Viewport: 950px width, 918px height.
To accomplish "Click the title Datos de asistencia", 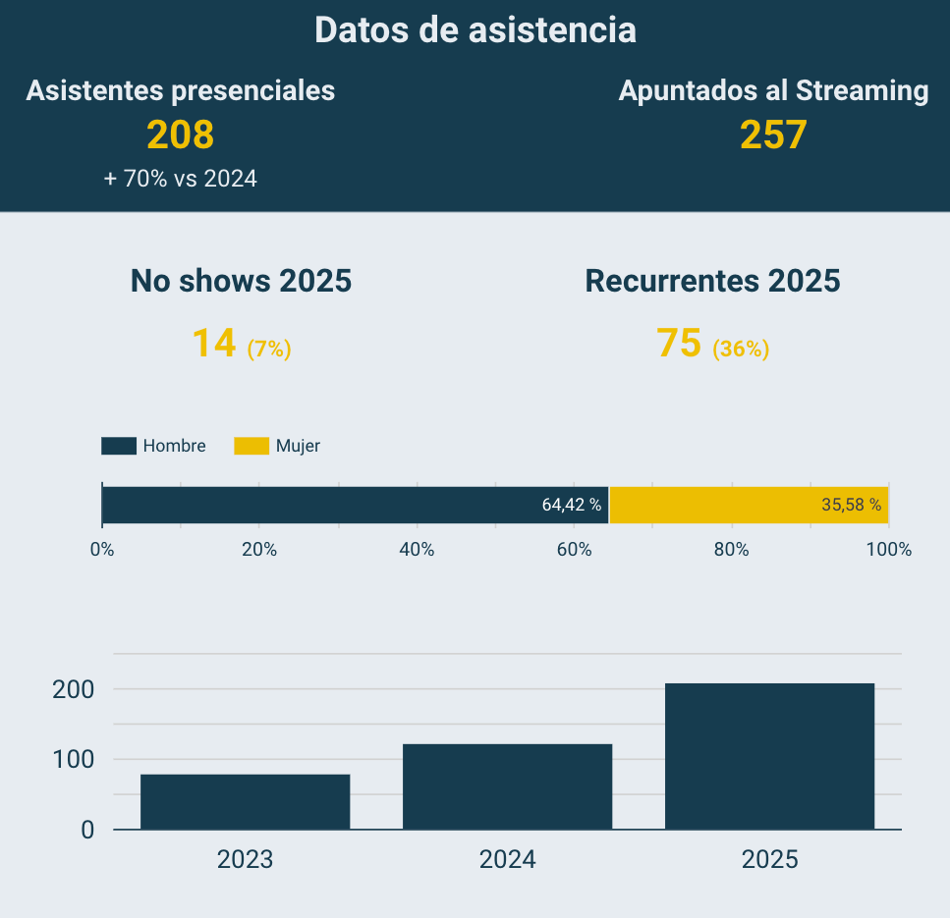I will (x=475, y=30).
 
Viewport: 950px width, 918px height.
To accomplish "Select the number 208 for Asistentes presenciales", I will (x=180, y=135).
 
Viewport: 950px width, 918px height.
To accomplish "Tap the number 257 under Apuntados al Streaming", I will (x=773, y=135).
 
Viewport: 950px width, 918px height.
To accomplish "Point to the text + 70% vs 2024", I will (x=181, y=179).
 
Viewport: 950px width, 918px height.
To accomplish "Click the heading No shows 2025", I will (x=241, y=281).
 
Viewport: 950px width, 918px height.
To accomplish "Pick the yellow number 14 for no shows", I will (x=214, y=343).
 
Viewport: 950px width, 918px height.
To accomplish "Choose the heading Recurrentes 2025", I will (x=712, y=281).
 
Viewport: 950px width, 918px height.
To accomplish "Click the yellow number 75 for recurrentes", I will (x=679, y=343).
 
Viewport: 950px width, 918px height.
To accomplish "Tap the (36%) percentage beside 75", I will (x=741, y=349).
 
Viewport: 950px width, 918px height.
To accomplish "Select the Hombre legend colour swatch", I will (x=118, y=446).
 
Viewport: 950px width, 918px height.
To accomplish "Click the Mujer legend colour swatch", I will (x=251, y=446).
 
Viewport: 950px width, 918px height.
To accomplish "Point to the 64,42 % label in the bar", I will (x=571, y=505).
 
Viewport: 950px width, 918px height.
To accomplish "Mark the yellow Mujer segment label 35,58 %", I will (x=851, y=505).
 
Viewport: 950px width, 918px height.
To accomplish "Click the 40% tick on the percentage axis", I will (x=417, y=550).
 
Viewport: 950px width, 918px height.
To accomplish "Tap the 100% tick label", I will (x=888, y=550).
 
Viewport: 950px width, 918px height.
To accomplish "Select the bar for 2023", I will (x=246, y=802).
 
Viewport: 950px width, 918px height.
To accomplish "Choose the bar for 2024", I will (x=507, y=786).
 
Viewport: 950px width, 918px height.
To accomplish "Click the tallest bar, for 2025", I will (x=769, y=756).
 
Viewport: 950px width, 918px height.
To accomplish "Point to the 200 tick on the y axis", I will (x=74, y=689).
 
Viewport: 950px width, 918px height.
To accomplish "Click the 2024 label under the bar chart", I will (x=507, y=860).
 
